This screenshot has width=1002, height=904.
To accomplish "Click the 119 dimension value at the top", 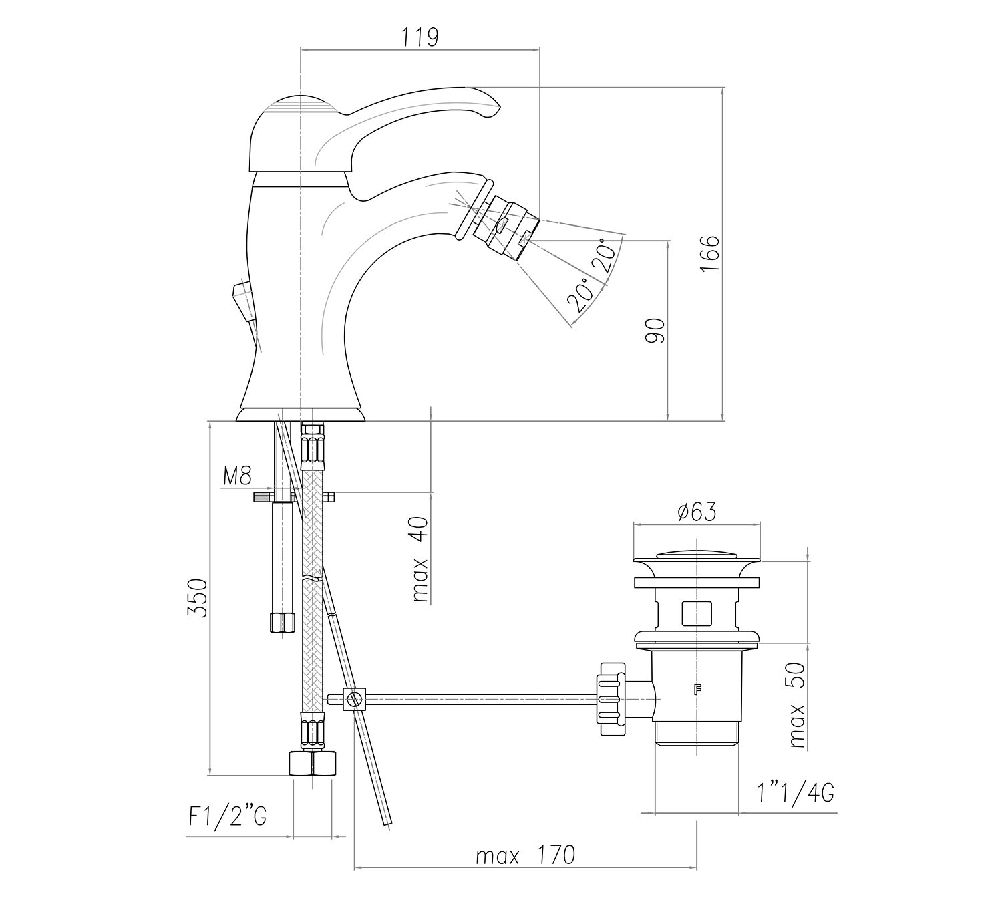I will pos(420,37).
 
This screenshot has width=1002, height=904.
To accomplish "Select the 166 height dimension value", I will pos(709,252).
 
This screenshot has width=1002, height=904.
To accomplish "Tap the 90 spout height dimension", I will pos(655,330).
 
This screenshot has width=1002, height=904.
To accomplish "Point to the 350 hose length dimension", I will pos(198,597).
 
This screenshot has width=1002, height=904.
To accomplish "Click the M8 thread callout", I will pos(237,476).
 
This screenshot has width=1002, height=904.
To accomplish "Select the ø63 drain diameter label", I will pos(696,512).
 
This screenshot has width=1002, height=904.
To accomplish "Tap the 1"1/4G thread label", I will pos(795,793).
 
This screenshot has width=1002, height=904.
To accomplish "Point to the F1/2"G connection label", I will pos(228,816).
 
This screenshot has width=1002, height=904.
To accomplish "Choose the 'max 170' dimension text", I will pos(525,855).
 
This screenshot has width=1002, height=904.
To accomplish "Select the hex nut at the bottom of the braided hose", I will pos(313,763).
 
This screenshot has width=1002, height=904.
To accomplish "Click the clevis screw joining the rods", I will pos(355,700).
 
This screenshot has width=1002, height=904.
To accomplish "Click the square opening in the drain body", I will pos(697,613).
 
